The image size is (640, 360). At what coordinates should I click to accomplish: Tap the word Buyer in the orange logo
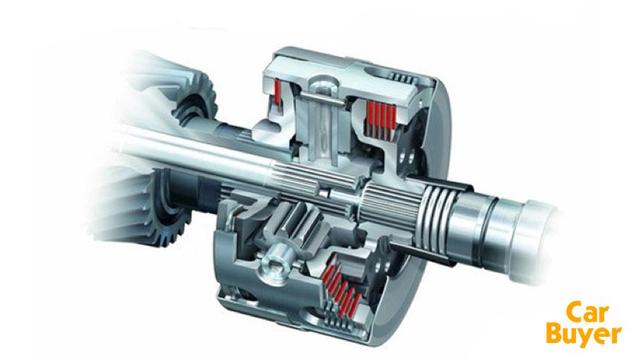tap(584, 334)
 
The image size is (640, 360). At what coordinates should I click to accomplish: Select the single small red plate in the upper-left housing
tap(278, 91)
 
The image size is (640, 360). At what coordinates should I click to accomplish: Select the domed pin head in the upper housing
tap(323, 83)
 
